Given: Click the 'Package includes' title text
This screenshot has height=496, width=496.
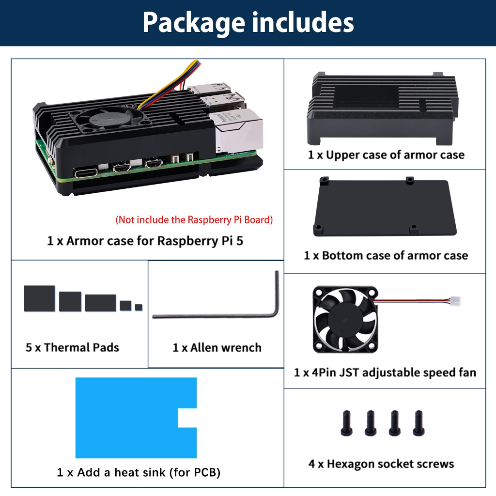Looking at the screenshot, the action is pos(248,23).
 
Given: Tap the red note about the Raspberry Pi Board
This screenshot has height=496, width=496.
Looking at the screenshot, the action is pos(194,220).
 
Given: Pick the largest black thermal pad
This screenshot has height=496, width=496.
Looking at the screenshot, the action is pos(39,298).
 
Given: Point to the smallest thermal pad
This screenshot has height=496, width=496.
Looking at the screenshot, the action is pos(139,307).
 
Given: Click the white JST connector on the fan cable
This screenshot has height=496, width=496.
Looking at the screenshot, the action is pos(455,301).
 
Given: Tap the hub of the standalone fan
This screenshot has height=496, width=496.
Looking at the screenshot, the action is pos(345,320).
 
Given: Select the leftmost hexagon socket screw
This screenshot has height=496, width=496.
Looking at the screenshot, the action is pos(347,423).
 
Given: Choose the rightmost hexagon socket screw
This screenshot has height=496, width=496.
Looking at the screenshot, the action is pos(418,423).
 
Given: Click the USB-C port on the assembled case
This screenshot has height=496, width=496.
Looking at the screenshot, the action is pos(86,173).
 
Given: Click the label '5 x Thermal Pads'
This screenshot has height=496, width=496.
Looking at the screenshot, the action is pos(73,347).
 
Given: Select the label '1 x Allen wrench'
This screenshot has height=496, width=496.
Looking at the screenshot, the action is pos(217,348).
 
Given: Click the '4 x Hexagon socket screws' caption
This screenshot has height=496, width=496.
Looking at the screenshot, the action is pos(381,464).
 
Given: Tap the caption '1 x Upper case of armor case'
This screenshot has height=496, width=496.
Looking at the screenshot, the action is pos(386,155).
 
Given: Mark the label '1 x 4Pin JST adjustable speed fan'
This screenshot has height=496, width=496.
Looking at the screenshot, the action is pos(385,372).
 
